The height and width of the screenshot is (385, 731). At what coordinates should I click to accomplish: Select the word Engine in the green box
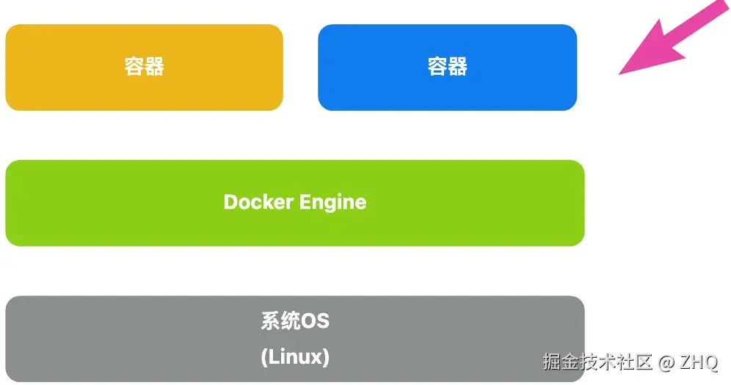click(x=332, y=202)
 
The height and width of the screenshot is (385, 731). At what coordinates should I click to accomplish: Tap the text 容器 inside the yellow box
click(x=144, y=67)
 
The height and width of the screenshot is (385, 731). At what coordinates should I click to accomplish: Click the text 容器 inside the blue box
click(x=448, y=67)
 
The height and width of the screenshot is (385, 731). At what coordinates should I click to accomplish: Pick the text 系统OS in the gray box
click(x=294, y=321)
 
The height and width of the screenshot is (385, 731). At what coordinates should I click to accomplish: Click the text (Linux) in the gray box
click(x=294, y=357)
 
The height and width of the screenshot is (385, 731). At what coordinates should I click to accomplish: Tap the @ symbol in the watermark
click(x=666, y=362)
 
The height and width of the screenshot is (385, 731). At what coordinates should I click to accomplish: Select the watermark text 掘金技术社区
click(x=597, y=362)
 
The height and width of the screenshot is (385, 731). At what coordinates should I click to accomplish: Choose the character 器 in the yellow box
click(x=154, y=67)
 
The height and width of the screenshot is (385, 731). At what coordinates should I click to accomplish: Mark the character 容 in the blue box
click(x=437, y=67)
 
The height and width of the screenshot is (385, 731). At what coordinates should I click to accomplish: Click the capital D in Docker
click(x=230, y=202)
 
